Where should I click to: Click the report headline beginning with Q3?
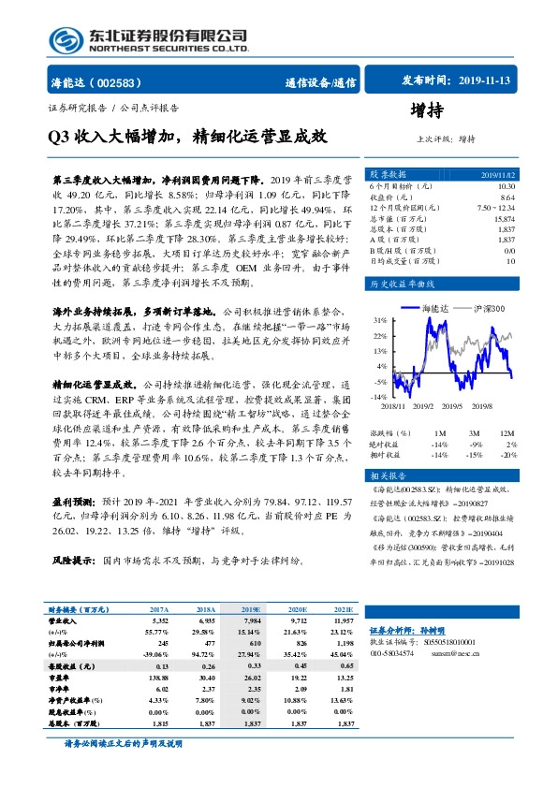tap(187, 136)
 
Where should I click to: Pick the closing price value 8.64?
tap(507, 197)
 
